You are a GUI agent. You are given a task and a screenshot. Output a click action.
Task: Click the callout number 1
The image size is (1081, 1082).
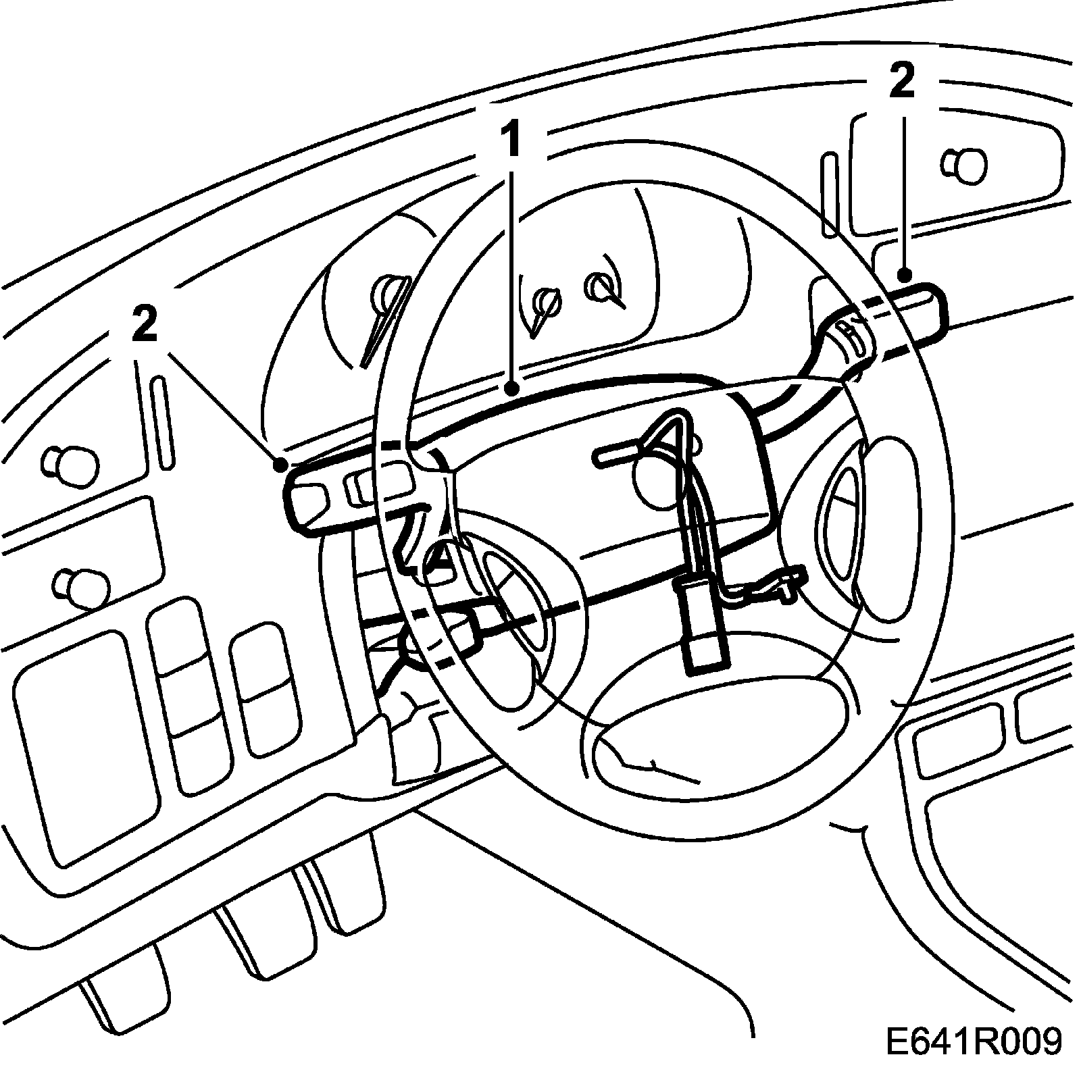pos(511,140)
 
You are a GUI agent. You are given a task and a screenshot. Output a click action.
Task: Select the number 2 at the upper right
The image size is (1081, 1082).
pos(901,83)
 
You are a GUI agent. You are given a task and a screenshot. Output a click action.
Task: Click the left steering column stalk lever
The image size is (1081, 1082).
pos(338,491)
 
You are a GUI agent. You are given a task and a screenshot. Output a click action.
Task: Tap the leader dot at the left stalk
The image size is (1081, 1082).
pos(281,464)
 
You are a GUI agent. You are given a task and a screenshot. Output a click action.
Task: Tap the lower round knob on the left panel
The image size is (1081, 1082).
pos(82,586)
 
